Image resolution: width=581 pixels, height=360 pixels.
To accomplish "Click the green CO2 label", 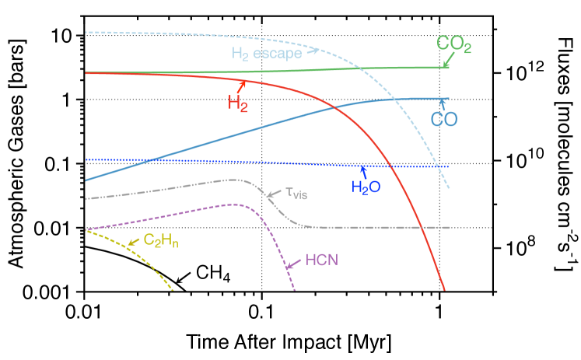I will (x=453, y=46).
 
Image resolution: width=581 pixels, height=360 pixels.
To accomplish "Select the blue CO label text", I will (x=444, y=120).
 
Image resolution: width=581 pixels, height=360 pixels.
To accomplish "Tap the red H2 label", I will (x=237, y=102).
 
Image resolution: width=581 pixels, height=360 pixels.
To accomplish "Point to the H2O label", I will (x=366, y=187).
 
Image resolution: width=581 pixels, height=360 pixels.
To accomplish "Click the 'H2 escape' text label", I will (x=267, y=54).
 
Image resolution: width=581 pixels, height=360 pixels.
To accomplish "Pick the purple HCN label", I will (x=321, y=260).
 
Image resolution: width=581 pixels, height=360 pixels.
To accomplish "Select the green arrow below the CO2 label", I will (x=446, y=62).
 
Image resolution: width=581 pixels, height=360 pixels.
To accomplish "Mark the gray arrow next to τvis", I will (x=273, y=194).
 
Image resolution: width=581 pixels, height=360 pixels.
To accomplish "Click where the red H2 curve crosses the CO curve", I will (x=335, y=107).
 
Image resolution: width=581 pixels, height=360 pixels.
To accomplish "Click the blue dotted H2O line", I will (x=233, y=162).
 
